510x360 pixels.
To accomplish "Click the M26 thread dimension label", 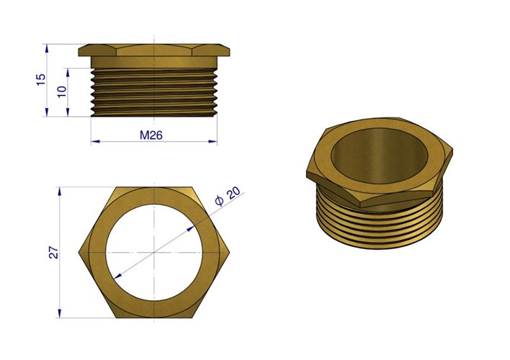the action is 151,135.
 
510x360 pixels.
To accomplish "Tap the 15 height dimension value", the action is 41,80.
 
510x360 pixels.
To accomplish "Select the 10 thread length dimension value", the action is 62,91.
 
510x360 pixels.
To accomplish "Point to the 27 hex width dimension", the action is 54,253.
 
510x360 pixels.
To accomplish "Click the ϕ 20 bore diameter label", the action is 228,196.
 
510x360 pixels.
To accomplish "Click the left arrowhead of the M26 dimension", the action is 95,141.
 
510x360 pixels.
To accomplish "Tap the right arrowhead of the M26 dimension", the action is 213,141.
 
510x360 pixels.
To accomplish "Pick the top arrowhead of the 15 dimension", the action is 47,48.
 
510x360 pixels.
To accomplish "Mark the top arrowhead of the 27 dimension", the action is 60,192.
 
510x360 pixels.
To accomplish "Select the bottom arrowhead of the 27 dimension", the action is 60,313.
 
